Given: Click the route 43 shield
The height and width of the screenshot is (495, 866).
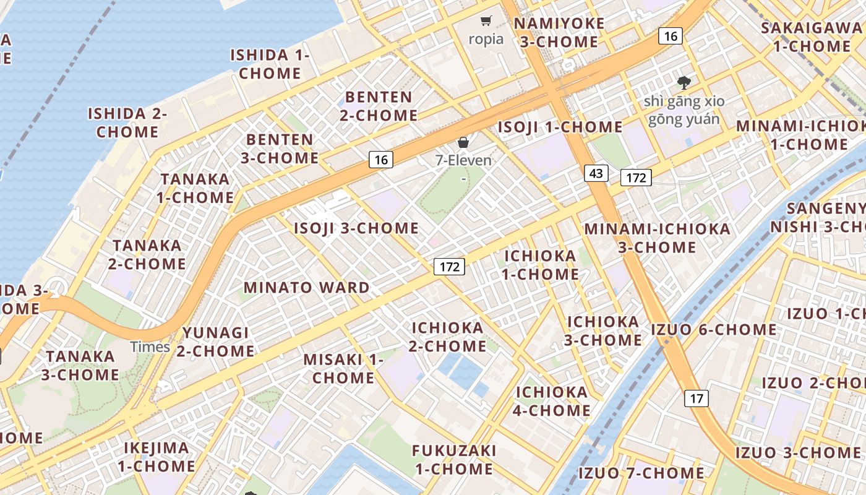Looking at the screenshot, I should (x=596, y=173).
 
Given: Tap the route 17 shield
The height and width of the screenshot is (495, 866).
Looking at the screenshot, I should (x=696, y=398).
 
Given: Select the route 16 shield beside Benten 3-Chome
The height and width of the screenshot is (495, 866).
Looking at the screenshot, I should (x=381, y=160).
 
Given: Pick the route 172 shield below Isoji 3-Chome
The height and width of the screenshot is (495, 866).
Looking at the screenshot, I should (x=448, y=267).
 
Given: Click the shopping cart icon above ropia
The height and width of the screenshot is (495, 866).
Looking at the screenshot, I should (x=486, y=21).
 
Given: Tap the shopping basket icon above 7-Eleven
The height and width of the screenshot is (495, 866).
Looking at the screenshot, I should (x=463, y=142).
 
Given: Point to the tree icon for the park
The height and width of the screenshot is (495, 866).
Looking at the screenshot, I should (x=684, y=82).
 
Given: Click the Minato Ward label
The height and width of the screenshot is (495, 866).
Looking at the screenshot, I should (x=306, y=288).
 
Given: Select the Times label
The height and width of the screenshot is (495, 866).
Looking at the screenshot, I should (x=150, y=346).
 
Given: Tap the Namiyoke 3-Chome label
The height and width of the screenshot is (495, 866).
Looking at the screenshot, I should (x=559, y=33).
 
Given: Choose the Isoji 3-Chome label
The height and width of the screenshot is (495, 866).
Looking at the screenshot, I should (x=356, y=228).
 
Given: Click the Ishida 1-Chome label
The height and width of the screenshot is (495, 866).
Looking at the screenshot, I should (x=270, y=64).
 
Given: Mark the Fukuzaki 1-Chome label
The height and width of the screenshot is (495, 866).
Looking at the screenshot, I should (x=454, y=459).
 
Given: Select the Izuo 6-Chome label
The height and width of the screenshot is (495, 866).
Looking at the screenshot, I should (x=713, y=329).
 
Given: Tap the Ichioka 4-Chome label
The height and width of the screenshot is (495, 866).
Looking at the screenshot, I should (x=552, y=401).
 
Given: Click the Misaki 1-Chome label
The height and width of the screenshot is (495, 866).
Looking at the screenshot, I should (x=343, y=368).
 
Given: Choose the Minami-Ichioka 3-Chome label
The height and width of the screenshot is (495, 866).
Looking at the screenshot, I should (x=657, y=238).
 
